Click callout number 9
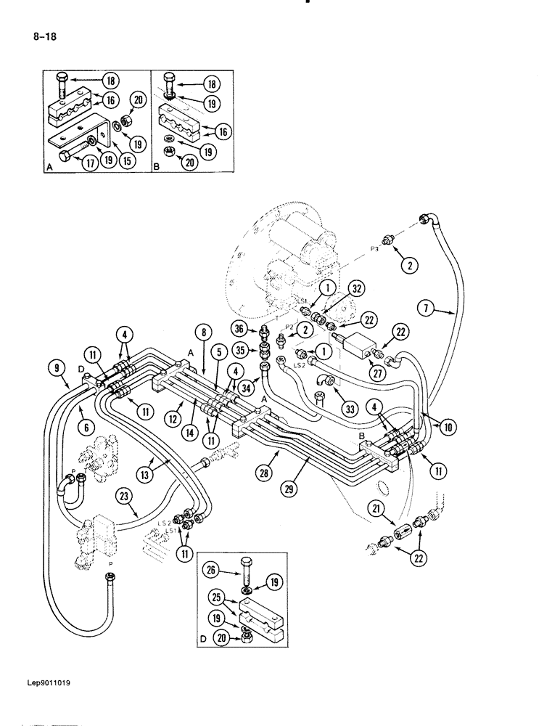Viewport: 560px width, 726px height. (57, 368)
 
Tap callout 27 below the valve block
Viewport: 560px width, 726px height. (377, 372)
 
